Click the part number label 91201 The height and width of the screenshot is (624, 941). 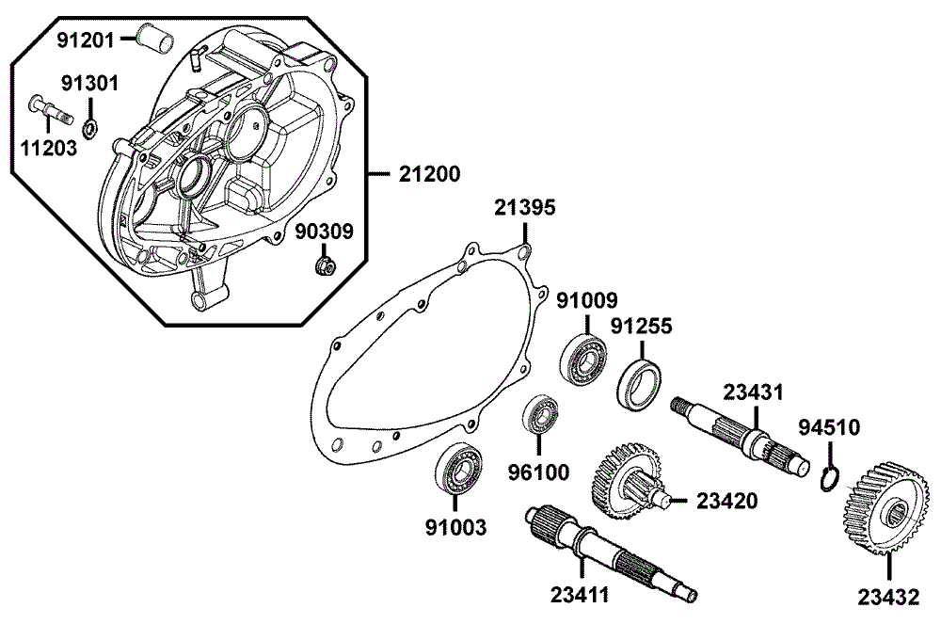tap(85, 40)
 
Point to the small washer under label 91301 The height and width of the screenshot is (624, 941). tap(89, 127)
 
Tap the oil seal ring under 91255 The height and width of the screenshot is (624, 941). tap(643, 383)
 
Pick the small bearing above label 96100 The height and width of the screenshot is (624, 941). tap(541, 415)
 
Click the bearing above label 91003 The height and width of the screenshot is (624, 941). tap(460, 467)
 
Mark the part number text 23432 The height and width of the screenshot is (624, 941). tap(889, 596)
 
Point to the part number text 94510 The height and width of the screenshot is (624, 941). tap(828, 429)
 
